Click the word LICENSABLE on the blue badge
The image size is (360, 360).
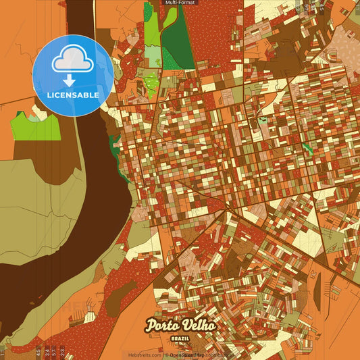click(x=73, y=95)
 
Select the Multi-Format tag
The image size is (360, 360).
click(x=180, y=3)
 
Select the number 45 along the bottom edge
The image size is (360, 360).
click(x=38, y=352)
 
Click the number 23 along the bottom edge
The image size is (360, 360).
click(x=62, y=352)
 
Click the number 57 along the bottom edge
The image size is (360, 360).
click(x=54, y=352)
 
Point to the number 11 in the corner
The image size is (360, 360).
click(x=3, y=352)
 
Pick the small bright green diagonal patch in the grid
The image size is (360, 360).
click(x=307, y=147)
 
